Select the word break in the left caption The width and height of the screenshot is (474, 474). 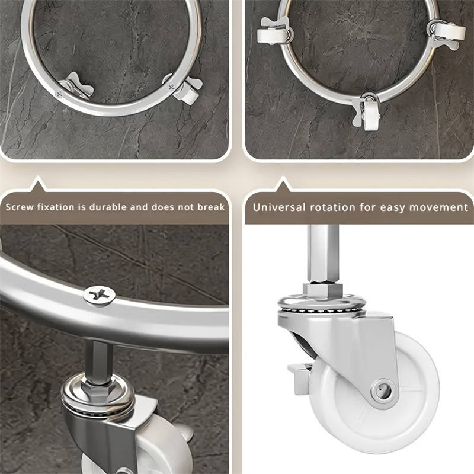tap(211, 207)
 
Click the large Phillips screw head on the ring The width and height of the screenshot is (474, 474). tap(100, 295)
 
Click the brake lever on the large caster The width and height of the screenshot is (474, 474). tap(298, 378)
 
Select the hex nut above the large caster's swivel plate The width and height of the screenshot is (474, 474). tap(322, 290)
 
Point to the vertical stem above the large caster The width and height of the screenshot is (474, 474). tap(323, 254)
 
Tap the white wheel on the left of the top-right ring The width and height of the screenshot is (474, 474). tap(271, 36)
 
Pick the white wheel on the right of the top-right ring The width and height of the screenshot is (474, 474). tap(450, 31)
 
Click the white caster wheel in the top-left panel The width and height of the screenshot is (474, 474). tap(187, 95)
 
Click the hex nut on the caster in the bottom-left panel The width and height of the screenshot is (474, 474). tap(98, 390)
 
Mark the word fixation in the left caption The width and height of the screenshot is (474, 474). tap(55, 207)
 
